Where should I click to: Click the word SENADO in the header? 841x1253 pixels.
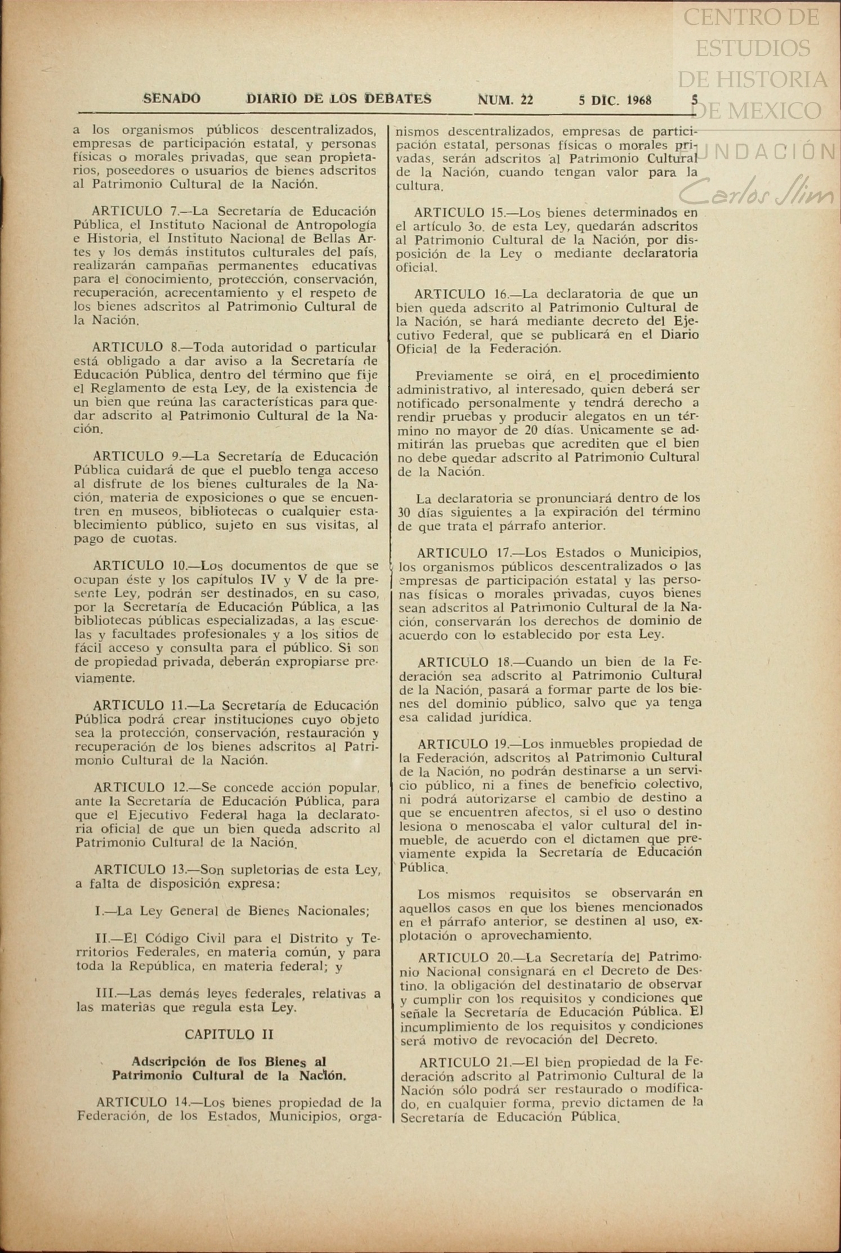click(x=172, y=99)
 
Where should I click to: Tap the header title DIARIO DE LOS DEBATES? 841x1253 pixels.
click(x=339, y=99)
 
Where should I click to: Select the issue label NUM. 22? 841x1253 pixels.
click(x=505, y=100)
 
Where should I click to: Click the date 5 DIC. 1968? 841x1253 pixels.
click(x=615, y=101)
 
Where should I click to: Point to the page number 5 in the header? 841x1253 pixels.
click(x=695, y=100)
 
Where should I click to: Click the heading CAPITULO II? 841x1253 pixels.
click(x=229, y=1034)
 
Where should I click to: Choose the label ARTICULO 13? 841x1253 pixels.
click(x=140, y=870)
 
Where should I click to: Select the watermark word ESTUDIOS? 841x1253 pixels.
click(x=753, y=48)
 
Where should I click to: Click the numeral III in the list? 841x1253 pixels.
click(x=105, y=993)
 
